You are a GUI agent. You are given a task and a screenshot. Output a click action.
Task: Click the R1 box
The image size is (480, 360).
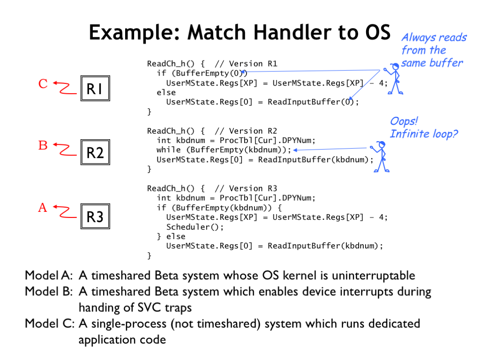coord(95,88)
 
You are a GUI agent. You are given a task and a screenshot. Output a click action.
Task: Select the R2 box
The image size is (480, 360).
coord(95,152)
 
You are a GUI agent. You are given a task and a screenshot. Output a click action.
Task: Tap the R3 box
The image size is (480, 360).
coord(95,216)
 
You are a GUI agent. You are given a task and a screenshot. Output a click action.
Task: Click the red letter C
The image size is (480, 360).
coord(43,83)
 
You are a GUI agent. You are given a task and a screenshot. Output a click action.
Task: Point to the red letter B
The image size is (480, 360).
coord(43,145)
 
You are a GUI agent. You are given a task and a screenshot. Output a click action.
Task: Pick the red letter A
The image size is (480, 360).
coord(43,208)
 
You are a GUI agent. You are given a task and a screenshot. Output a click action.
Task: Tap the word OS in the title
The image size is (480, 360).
coord(378,32)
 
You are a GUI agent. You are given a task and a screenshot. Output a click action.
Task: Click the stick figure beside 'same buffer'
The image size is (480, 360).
coord(394,78)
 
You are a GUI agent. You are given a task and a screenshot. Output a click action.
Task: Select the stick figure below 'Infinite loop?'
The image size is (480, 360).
coord(380,157)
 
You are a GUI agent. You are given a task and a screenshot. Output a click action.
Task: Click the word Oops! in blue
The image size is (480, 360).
coord(404,121)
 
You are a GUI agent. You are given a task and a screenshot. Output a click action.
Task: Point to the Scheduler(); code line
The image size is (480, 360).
coord(195,227)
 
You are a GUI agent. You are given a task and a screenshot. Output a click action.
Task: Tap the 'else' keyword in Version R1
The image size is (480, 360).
coord(166,92)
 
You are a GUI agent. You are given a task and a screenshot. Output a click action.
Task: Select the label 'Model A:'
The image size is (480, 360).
coord(49,276)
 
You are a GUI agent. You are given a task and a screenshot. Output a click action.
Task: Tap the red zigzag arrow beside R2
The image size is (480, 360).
coord(65,149)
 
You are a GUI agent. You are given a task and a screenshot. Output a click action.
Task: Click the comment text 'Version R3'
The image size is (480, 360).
coord(253,188)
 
